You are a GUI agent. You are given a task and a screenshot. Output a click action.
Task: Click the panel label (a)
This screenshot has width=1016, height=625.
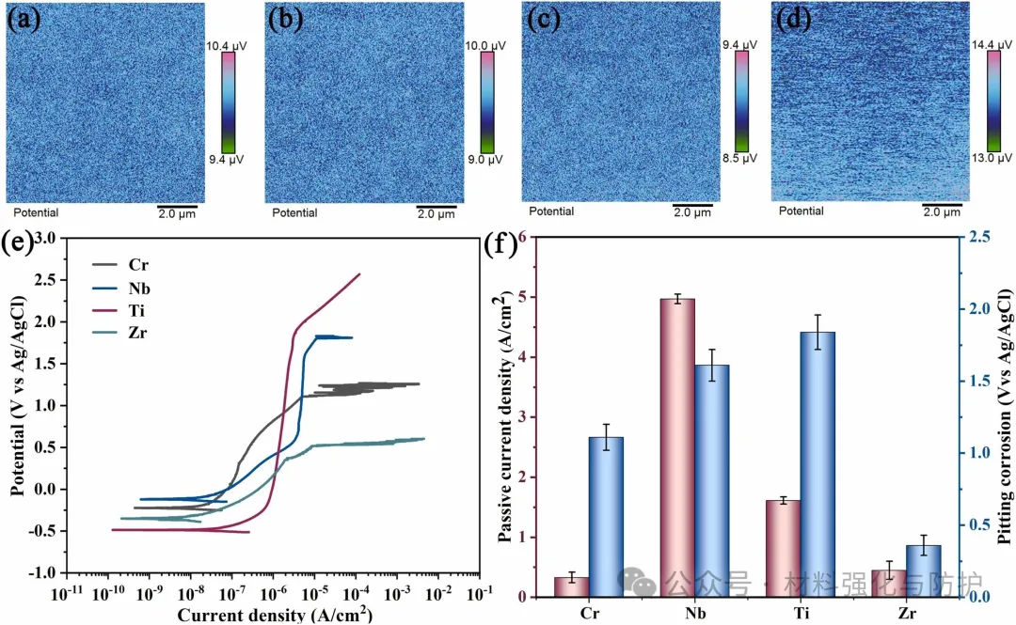coord(24,18)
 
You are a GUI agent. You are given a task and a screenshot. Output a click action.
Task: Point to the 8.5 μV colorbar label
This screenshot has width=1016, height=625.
coord(738,159)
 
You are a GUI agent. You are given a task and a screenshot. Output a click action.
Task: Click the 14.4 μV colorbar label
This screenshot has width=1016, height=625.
coord(996,45)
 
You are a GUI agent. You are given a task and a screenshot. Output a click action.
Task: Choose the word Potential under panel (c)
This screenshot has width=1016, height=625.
coord(551,211)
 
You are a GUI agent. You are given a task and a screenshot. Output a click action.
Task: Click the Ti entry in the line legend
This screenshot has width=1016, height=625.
coord(136,308)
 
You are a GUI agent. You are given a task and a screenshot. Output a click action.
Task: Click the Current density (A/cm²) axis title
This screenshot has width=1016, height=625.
coord(272,615)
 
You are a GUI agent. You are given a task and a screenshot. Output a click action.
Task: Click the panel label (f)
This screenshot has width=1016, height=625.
coord(499,246)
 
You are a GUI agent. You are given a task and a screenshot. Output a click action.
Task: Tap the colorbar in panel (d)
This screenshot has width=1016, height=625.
coord(993,101)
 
